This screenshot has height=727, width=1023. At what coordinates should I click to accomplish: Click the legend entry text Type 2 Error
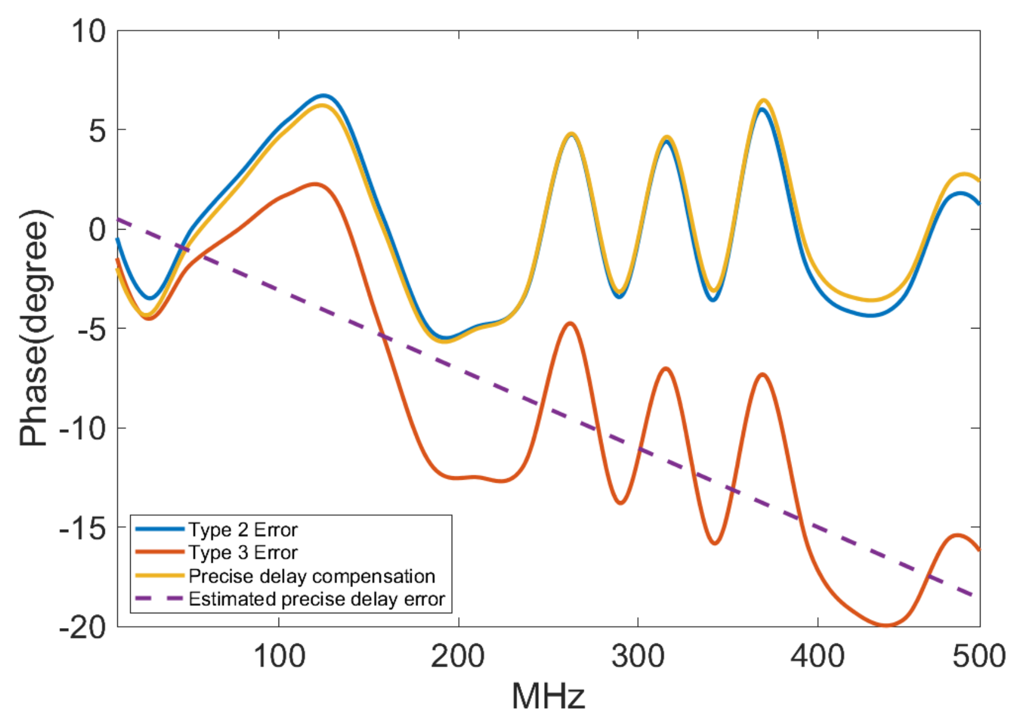point(243,530)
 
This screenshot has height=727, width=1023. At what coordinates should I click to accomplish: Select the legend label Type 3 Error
point(243,553)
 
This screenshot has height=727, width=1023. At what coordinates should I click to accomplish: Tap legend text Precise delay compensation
point(312,576)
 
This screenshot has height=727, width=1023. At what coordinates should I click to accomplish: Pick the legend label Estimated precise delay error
point(316,599)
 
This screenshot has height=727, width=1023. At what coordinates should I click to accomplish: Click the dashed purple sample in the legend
point(160,599)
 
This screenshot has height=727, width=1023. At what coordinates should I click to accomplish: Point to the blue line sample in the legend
point(160,529)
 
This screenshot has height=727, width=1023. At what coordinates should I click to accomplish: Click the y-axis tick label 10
point(88,31)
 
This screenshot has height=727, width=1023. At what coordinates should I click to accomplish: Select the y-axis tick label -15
point(82,528)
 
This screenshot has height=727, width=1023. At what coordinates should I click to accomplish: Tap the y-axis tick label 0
point(97,229)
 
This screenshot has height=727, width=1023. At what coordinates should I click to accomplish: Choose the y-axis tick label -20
point(82,628)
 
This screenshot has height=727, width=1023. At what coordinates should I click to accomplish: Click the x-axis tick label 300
point(638,656)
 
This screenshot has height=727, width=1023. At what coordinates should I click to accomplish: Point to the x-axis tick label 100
point(279,656)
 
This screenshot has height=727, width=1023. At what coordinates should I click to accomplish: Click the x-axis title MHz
point(548,696)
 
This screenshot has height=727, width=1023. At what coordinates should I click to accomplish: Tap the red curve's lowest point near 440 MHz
point(885,625)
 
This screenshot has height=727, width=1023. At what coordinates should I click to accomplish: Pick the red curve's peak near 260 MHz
point(570,323)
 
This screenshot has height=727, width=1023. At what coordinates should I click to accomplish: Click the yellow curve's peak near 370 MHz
point(763,101)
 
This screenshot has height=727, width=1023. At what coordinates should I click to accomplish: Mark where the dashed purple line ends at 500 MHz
point(978,596)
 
